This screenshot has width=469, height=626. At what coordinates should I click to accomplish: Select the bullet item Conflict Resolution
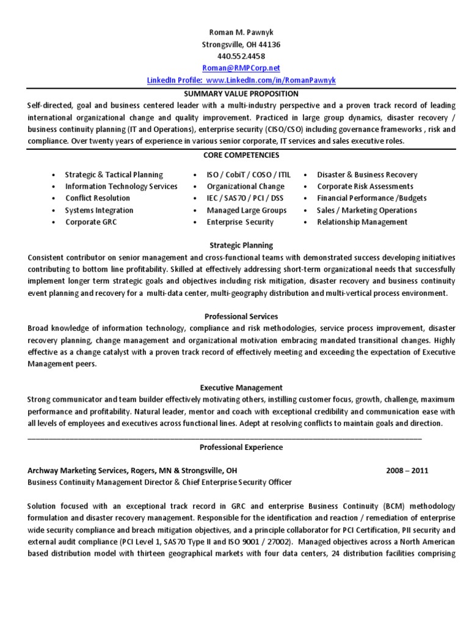tap(98, 198)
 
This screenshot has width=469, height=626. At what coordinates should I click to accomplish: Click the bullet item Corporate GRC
tap(90, 222)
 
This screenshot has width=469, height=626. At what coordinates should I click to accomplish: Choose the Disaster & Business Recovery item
tap(367, 175)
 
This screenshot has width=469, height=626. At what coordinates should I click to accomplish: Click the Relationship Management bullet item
tap(362, 222)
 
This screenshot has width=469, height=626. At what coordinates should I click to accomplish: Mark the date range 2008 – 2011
tap(407, 471)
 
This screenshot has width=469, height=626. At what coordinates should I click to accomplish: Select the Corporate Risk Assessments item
tap(365, 186)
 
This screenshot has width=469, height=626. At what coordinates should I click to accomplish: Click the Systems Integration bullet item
tap(99, 210)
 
